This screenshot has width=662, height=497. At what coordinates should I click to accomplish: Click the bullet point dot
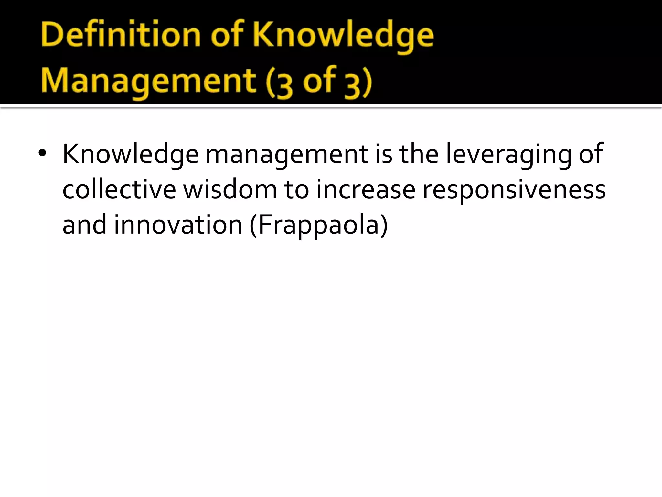[42, 154]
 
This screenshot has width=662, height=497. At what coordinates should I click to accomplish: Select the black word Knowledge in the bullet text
[130, 154]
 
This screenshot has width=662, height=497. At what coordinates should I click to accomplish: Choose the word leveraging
[509, 154]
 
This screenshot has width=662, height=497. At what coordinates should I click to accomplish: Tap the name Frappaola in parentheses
[319, 226]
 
